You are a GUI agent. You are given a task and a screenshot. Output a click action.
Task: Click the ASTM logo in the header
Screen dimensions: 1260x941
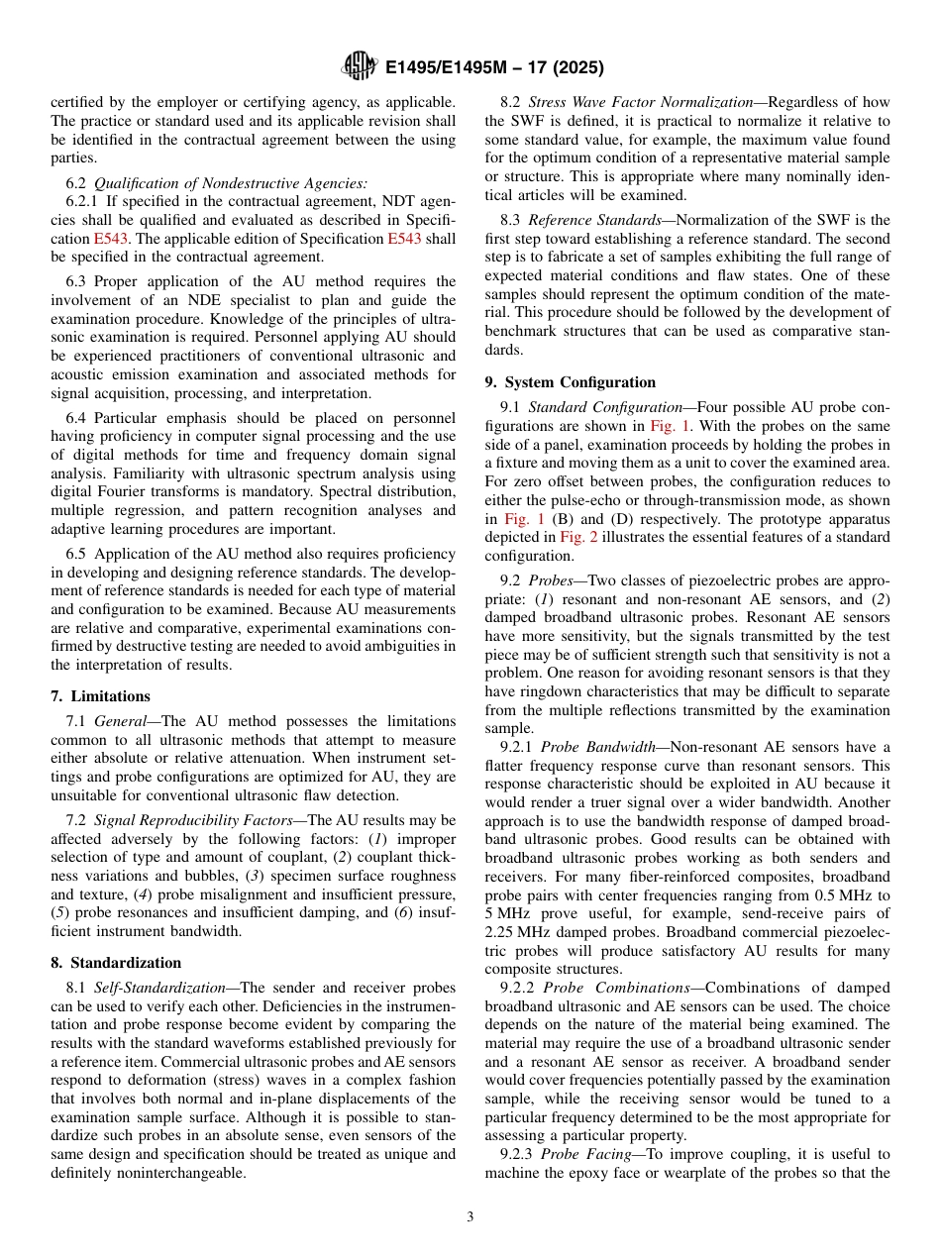point(359,66)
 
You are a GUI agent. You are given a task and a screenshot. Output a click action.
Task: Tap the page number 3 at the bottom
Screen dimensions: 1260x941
point(470,1216)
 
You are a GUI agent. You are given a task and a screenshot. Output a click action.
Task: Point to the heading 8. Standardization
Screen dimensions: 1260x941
point(116,963)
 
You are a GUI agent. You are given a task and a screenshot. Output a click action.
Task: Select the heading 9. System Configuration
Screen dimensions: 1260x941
point(570,382)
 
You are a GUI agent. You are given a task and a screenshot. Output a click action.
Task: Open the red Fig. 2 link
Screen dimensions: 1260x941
point(577,538)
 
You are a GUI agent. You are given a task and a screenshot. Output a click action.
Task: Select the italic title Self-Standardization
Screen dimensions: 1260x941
point(149,988)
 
